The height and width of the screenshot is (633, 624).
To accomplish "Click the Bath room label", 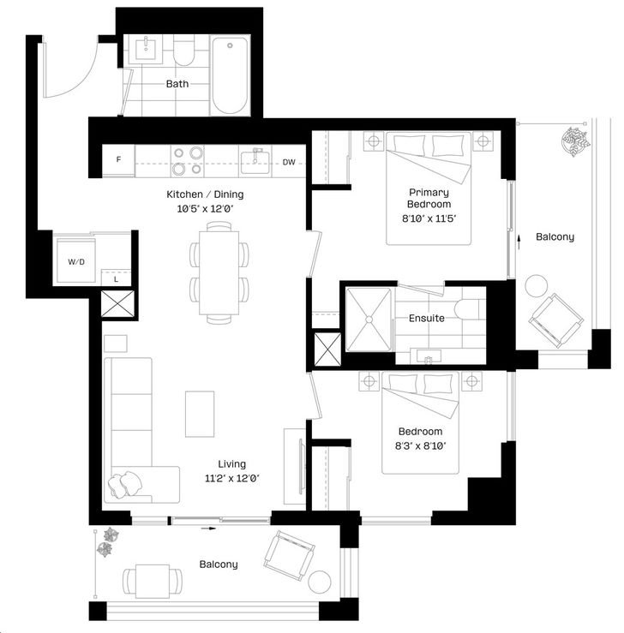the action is [177, 84].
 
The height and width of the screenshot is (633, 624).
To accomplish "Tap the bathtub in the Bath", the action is [230, 76].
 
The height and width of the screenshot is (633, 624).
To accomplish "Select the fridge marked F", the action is [118, 160].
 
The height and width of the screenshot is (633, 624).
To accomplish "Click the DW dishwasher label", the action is [289, 162].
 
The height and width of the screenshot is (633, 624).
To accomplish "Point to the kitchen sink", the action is [255, 162].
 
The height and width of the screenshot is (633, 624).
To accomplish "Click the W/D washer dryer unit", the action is [76, 260].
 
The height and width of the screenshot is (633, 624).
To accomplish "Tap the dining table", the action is [219, 273].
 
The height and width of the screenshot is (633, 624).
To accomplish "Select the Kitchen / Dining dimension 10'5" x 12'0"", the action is [206, 209].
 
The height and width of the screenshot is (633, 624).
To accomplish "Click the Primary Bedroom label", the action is [429, 198].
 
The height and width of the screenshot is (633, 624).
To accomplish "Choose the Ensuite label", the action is [427, 318].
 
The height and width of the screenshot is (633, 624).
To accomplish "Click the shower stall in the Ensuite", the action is [369, 319].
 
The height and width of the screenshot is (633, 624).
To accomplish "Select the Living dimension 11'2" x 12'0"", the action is [231, 479].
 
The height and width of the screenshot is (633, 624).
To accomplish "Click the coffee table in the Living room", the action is [200, 414].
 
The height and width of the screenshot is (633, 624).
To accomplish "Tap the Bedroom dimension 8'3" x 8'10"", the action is [421, 446].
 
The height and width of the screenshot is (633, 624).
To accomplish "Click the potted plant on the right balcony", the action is [575, 141].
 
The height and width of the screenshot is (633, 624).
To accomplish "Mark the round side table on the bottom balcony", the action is [320, 582].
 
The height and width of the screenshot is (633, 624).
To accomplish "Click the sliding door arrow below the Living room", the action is [209, 528].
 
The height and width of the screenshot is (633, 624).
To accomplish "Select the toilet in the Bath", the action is [183, 51].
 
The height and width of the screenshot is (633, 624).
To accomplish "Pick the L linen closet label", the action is [116, 279].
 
